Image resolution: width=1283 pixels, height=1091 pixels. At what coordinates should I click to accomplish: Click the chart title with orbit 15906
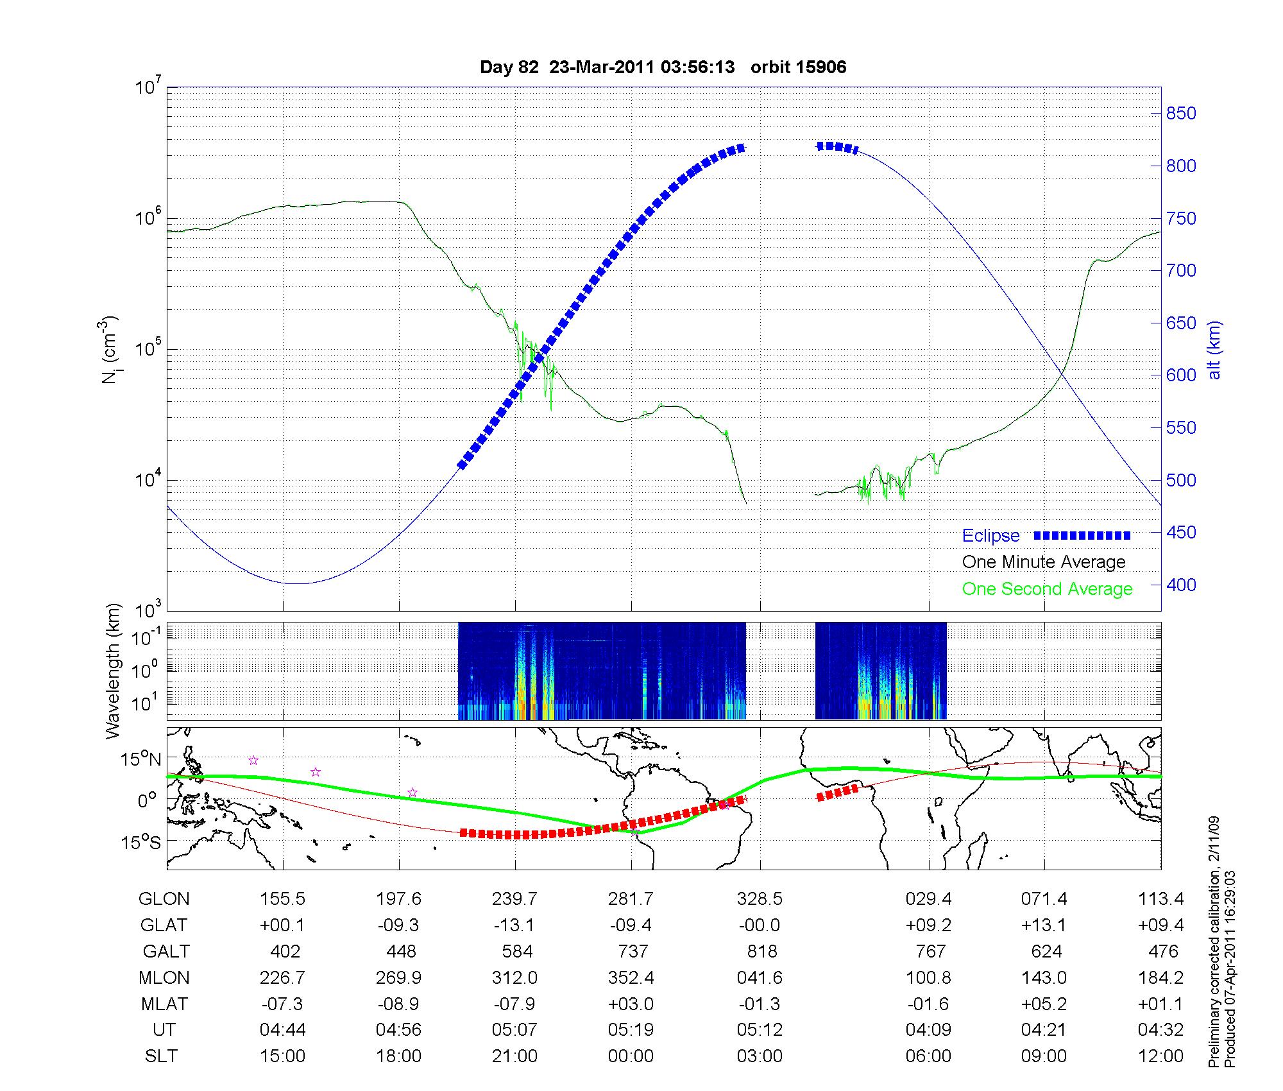(x=663, y=67)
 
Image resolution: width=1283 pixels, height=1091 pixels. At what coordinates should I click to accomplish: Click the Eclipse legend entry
(x=990, y=536)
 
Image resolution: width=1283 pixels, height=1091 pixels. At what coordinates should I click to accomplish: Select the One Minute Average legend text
(x=1044, y=562)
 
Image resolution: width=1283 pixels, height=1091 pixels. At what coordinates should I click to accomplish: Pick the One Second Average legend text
(x=1047, y=589)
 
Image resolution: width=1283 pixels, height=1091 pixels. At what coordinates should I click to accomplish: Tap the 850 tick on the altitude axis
(x=1181, y=114)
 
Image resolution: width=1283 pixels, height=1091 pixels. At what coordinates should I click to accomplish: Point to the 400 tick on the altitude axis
(x=1181, y=585)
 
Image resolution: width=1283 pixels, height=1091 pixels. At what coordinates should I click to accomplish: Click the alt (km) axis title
(x=1214, y=350)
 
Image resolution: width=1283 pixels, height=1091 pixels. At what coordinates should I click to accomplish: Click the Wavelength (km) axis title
(x=113, y=671)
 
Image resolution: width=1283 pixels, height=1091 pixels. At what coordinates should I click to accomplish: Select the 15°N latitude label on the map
(x=140, y=760)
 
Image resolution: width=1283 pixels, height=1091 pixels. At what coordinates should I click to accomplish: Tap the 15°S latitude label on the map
(x=140, y=841)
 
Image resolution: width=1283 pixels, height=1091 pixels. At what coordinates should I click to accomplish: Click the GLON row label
(x=164, y=899)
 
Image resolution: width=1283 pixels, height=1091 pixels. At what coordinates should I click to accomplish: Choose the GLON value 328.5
(x=760, y=899)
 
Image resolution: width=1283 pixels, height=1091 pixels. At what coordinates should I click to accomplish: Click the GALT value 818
(x=762, y=951)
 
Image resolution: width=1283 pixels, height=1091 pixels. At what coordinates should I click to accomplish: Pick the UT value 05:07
(x=514, y=1030)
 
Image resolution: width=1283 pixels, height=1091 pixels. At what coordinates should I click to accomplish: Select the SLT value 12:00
(x=1160, y=1056)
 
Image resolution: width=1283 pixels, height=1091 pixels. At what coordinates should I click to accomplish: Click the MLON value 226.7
(x=282, y=978)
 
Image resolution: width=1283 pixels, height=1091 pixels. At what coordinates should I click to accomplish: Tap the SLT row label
(x=160, y=1056)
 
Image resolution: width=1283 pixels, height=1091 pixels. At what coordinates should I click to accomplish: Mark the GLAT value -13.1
(x=514, y=925)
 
